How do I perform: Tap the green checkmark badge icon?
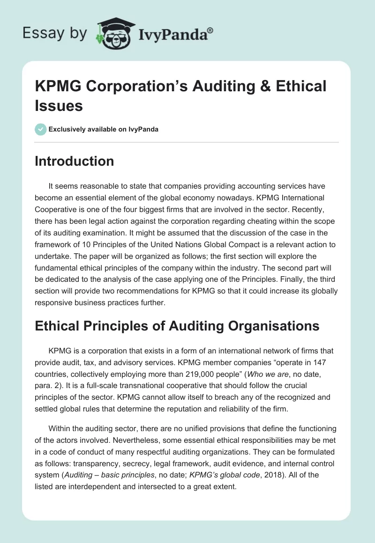[41, 130]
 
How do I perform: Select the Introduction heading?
[75, 161]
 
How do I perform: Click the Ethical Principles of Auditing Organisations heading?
[177, 326]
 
